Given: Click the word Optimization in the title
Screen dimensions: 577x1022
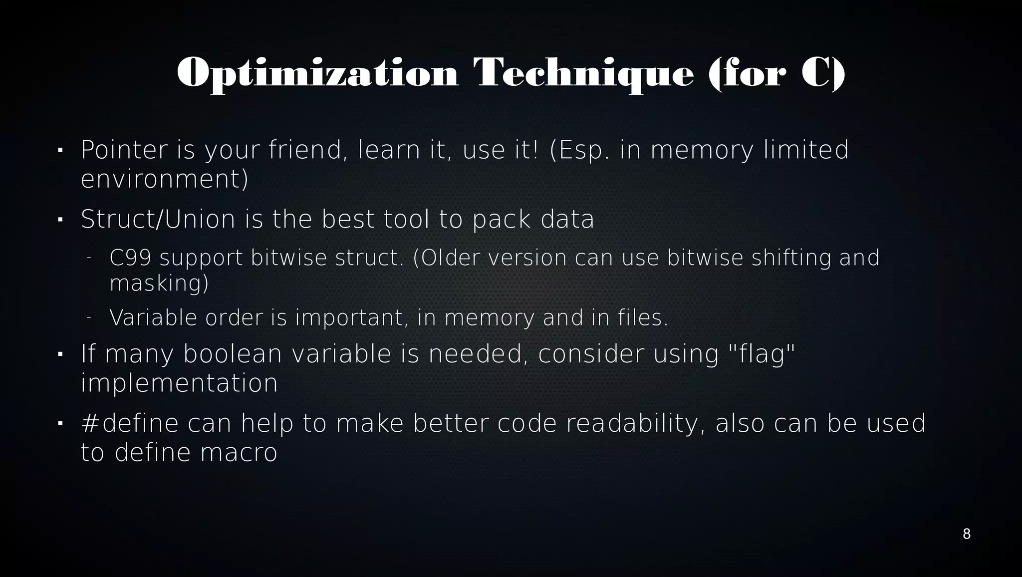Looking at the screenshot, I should (x=317, y=74).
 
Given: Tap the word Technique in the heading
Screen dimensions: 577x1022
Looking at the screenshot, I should (x=583, y=74).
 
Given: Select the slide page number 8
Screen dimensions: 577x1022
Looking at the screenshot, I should (x=966, y=534).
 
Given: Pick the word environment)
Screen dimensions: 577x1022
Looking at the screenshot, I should (x=164, y=179).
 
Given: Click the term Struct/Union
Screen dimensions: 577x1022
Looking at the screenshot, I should (x=158, y=219).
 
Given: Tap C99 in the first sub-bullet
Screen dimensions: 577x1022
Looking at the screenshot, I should (x=130, y=258).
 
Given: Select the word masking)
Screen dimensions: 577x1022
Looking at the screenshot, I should (x=159, y=284).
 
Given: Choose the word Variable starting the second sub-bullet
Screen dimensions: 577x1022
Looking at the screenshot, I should (x=153, y=318).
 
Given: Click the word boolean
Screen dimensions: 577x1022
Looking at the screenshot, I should (x=233, y=354).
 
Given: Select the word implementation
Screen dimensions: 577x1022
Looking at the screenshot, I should (x=179, y=383).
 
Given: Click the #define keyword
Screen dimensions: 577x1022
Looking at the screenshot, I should (x=129, y=423).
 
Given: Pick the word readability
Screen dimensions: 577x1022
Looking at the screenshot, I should (x=636, y=423).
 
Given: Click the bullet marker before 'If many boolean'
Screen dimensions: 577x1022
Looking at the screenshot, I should (x=60, y=354).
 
